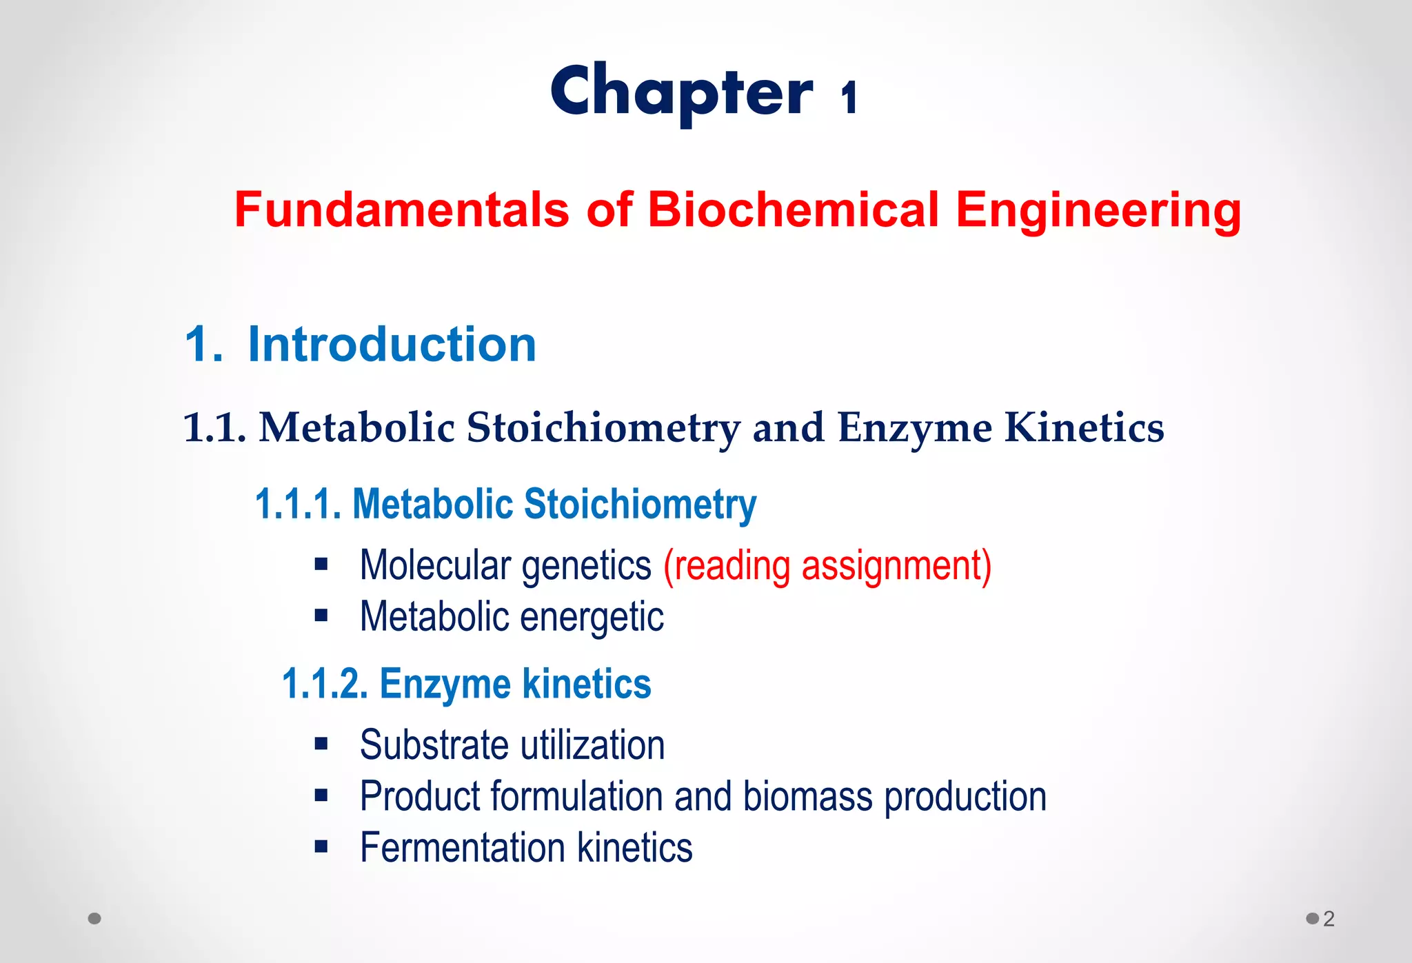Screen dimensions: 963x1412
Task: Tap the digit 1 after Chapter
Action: click(849, 97)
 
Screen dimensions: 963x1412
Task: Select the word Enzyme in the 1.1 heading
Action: click(914, 428)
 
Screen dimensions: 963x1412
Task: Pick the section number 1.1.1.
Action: click(298, 504)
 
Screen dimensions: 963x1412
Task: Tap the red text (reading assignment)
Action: click(827, 566)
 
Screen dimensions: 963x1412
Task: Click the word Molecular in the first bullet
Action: click(435, 566)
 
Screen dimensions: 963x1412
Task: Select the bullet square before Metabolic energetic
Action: click(321, 615)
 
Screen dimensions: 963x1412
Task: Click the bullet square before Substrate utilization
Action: click(321, 743)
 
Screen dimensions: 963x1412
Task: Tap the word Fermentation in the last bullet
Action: click(462, 847)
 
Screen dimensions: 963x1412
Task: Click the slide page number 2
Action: click(1329, 918)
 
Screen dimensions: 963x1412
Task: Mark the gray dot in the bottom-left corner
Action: click(95, 918)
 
